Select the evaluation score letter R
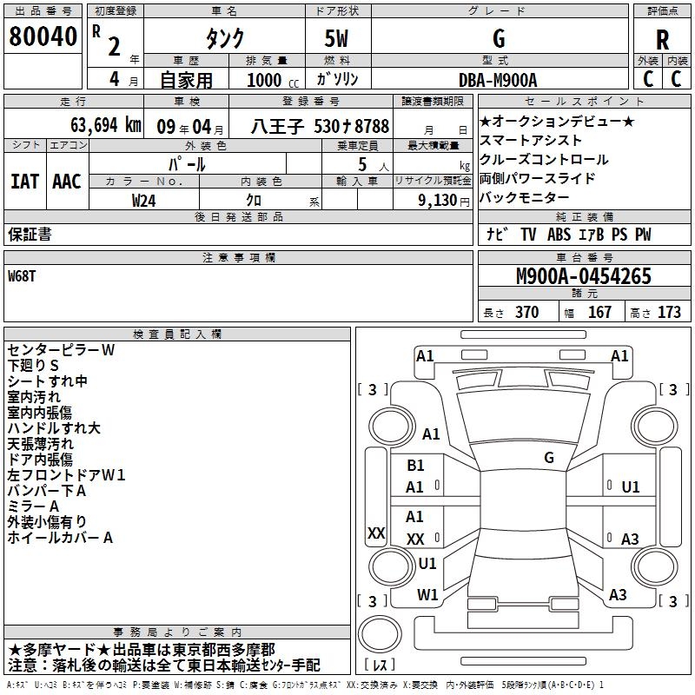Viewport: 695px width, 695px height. (x=662, y=40)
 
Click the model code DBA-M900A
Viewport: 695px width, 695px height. (x=498, y=80)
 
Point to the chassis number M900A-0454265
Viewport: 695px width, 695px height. (x=583, y=276)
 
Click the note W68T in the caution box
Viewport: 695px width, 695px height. (x=23, y=275)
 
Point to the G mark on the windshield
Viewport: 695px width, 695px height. (x=548, y=457)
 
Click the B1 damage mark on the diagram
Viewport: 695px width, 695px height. (x=415, y=466)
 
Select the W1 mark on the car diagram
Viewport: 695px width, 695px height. (x=427, y=594)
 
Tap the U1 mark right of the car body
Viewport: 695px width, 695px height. (x=630, y=487)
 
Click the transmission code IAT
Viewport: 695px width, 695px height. (x=24, y=181)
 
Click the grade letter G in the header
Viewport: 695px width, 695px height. (x=498, y=38)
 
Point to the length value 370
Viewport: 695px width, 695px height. (x=526, y=313)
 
